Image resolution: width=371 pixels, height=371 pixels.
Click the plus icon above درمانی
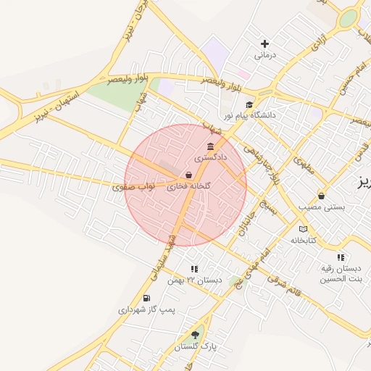(x=264, y=44)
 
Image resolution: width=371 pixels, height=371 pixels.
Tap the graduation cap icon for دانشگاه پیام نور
(x=250, y=104)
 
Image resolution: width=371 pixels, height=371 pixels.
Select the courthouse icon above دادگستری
(x=210, y=146)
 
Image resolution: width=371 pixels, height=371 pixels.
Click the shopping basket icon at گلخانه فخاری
(x=188, y=175)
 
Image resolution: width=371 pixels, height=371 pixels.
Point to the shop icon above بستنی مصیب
(x=322, y=196)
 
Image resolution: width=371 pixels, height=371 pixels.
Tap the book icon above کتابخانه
(x=303, y=230)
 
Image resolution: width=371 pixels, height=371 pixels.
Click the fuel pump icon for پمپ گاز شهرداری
(x=147, y=298)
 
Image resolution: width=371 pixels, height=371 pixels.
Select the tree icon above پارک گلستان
(x=194, y=335)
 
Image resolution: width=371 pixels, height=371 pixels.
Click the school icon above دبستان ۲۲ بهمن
(x=194, y=269)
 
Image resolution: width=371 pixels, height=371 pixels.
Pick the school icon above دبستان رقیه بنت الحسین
(x=341, y=257)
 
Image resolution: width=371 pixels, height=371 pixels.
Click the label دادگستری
(x=211, y=157)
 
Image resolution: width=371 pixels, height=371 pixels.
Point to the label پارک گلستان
(x=195, y=347)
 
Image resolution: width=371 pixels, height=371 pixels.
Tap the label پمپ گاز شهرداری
(x=147, y=309)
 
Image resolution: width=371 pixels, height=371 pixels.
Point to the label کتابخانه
(x=305, y=240)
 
